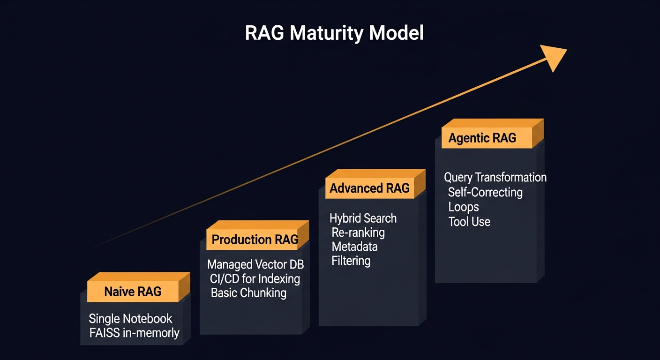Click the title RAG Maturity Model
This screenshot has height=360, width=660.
[334, 33]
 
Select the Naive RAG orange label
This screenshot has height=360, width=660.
[133, 292]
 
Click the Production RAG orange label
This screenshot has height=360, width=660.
[255, 240]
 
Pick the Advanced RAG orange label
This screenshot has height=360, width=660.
[369, 188]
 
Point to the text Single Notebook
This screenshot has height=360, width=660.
[131, 319]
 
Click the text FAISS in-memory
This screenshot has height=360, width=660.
[134, 333]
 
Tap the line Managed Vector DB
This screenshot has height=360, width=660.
[255, 264]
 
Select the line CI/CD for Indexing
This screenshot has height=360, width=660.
[255, 279]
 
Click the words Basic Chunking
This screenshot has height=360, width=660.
[248, 293]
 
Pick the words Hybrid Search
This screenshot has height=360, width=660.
[363, 218]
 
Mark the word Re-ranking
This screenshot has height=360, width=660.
[358, 232]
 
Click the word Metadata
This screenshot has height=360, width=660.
[354, 247]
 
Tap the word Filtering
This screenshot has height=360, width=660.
[351, 261]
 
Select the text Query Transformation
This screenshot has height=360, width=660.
[495, 178]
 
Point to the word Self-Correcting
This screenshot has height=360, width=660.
[485, 192]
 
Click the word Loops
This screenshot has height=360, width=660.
[464, 207]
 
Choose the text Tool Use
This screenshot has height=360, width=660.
[469, 222]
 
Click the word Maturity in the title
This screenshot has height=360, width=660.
[328, 33]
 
